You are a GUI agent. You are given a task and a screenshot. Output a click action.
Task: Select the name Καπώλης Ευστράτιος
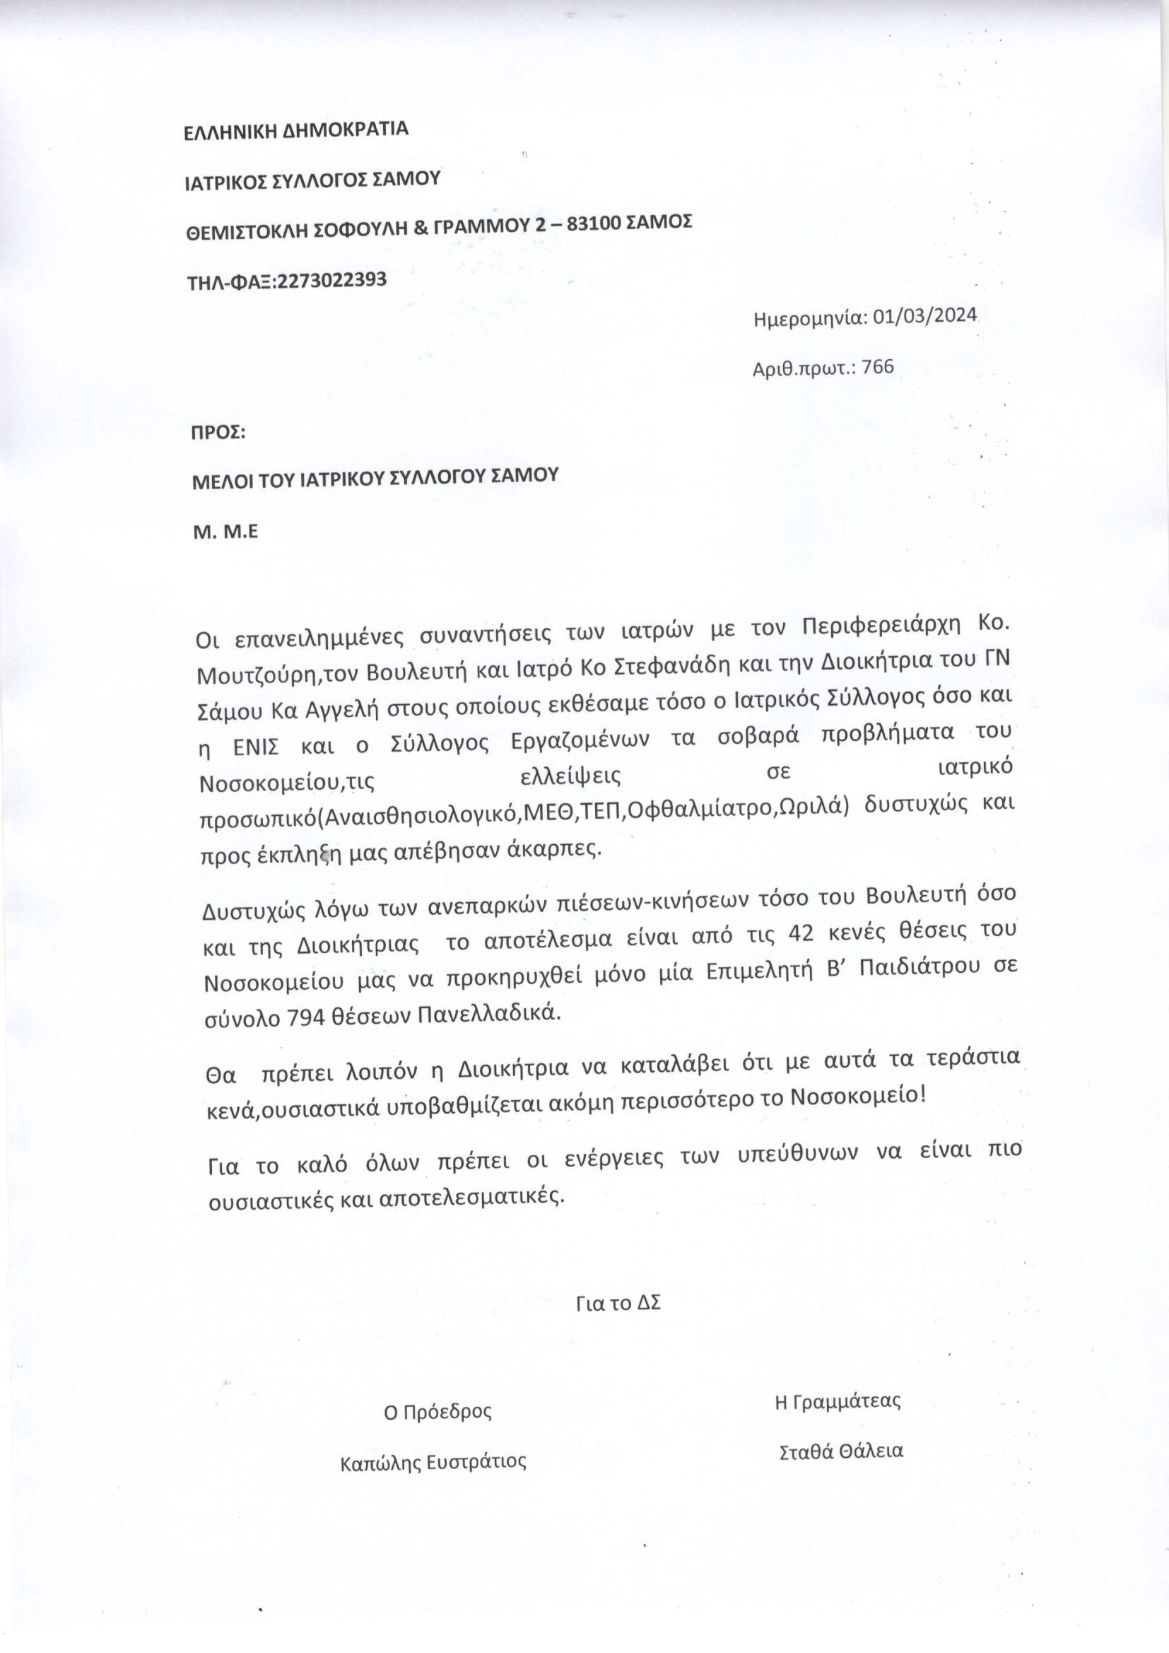click(x=433, y=1462)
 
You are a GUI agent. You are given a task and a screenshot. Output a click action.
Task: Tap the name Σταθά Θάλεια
click(x=842, y=1450)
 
